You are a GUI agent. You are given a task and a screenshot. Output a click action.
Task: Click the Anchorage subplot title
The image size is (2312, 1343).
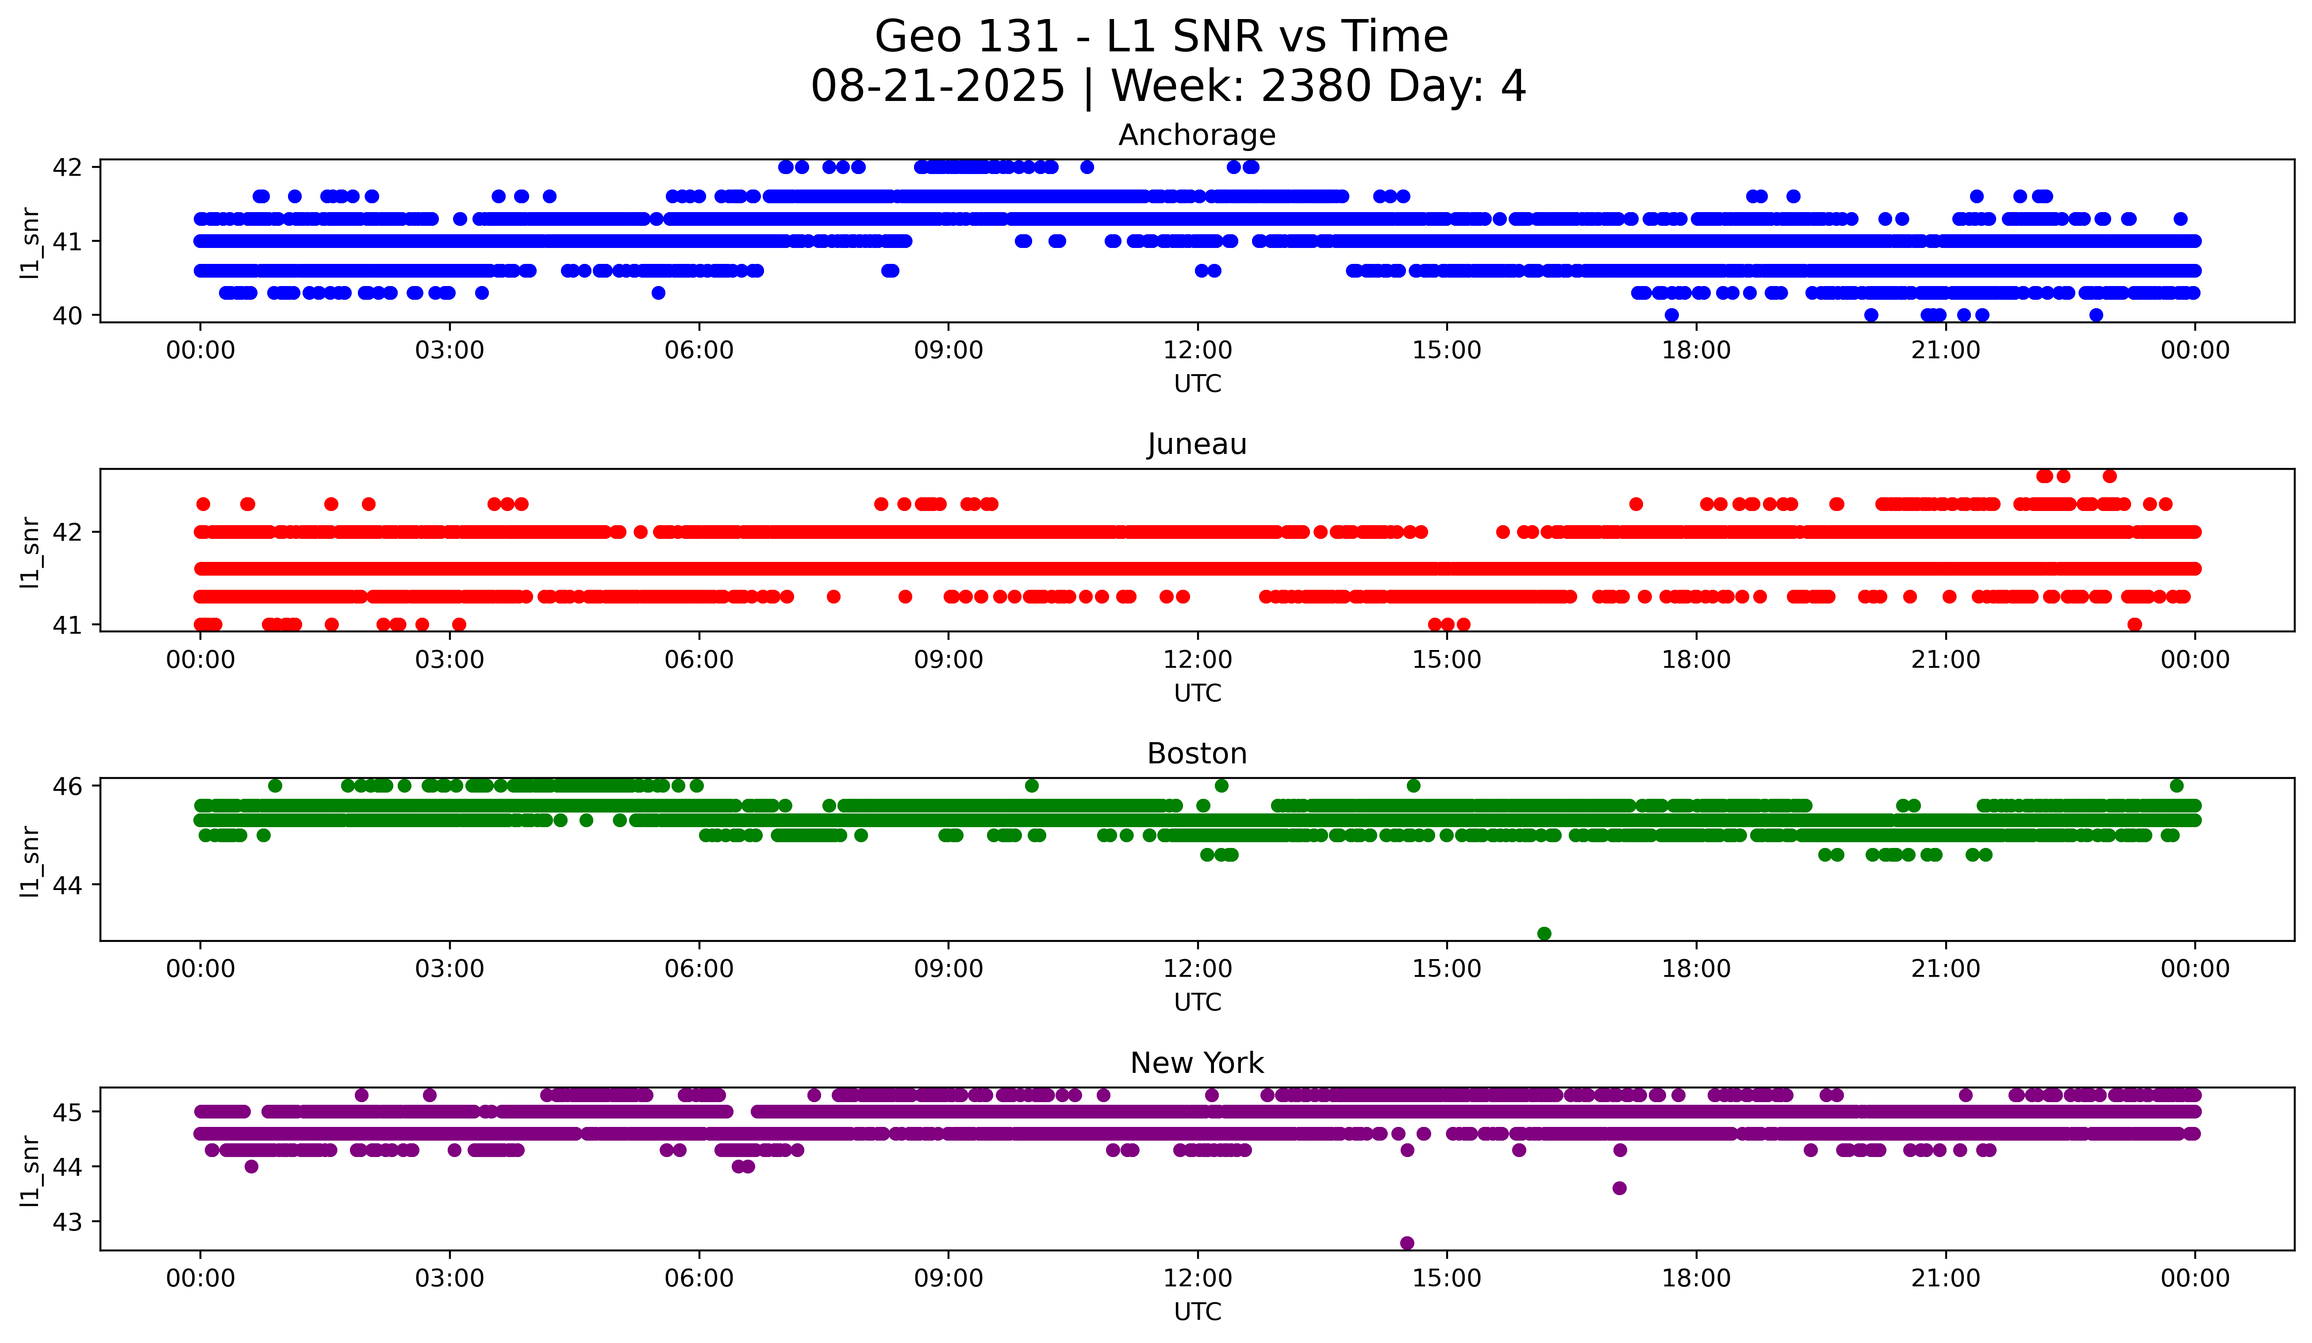click(1196, 135)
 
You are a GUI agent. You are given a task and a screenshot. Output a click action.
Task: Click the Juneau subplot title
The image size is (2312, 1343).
click(1196, 444)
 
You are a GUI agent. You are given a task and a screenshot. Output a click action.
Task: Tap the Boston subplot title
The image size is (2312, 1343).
click(1196, 754)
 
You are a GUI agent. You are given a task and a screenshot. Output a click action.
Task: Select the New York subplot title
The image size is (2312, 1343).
click(1196, 1063)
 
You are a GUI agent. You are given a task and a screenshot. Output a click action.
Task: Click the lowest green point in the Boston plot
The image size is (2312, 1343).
click(1544, 933)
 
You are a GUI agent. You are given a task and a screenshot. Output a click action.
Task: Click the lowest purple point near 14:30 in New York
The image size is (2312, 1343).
click(1406, 1243)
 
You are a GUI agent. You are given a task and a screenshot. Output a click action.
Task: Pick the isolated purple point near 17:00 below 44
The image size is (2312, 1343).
click(1619, 1188)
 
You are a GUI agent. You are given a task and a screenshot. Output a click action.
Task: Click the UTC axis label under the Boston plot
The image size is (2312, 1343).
click(1197, 1002)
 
